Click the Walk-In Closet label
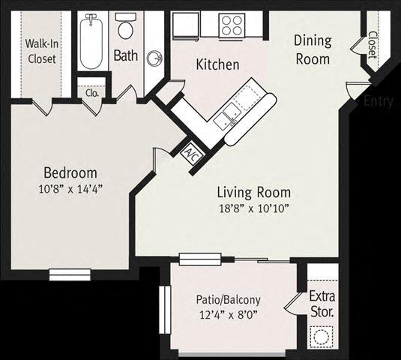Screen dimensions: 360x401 point(41,51)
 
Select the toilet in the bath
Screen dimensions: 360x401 point(126,29)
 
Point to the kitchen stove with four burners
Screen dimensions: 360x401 point(232,25)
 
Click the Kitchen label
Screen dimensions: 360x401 point(217,64)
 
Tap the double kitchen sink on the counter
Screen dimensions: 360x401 point(226,116)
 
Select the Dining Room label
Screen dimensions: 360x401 point(313,49)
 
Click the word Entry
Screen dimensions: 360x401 point(378,101)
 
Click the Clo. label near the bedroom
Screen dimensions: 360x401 point(92,94)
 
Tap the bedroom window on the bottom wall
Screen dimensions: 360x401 point(70,274)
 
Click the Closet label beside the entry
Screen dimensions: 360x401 point(373,43)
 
